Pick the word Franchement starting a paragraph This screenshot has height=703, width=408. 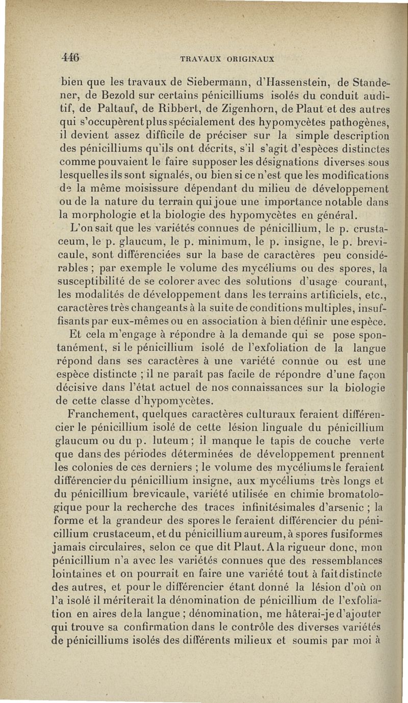105,413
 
